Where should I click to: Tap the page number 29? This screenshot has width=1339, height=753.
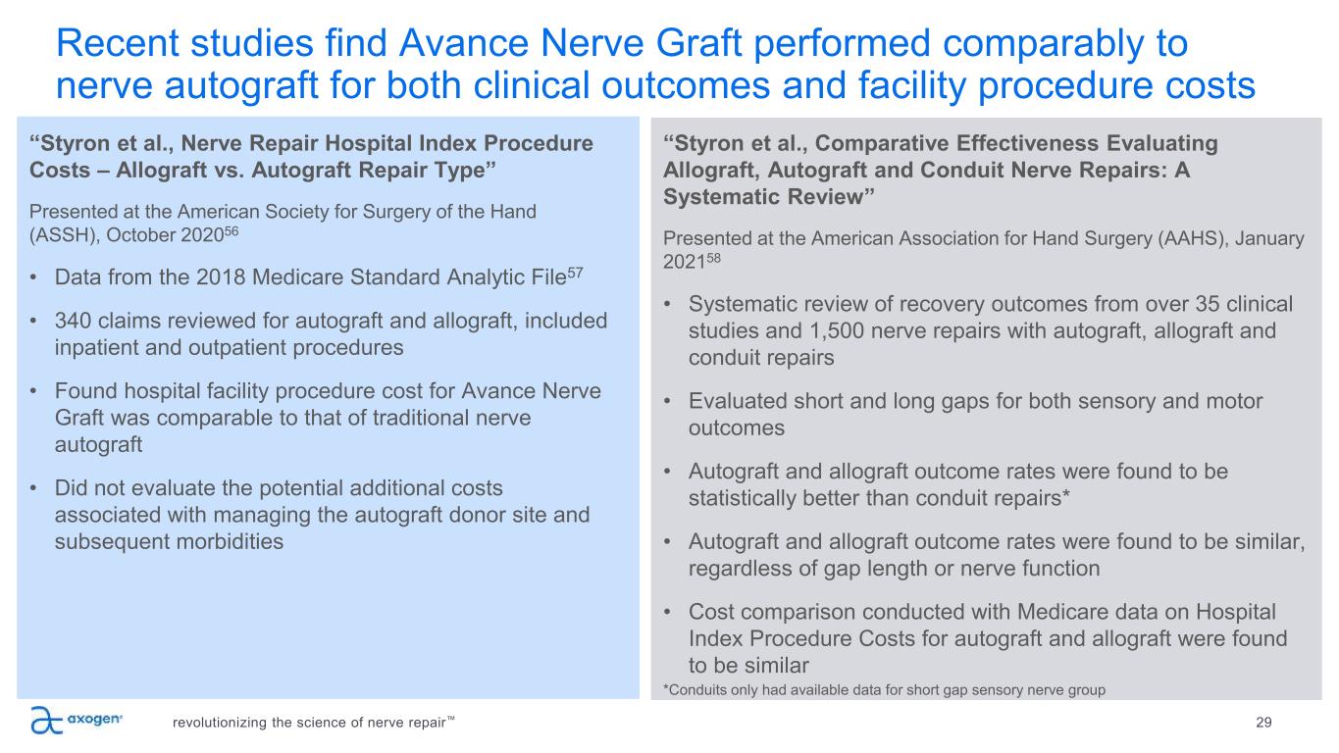coord(1263,723)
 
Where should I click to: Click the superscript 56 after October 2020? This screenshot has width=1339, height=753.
coord(231,230)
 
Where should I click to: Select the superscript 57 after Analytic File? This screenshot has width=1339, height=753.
coord(575,273)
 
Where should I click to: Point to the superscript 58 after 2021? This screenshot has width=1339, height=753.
coord(713,258)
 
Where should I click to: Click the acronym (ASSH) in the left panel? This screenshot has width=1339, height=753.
coord(64,235)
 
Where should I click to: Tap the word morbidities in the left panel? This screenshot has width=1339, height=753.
coord(169,541)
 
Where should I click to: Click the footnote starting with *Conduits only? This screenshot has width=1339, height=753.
coord(884,690)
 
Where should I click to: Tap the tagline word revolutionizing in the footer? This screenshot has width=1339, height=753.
coord(218,723)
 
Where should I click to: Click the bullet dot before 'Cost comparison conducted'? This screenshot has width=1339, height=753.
coord(667,613)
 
